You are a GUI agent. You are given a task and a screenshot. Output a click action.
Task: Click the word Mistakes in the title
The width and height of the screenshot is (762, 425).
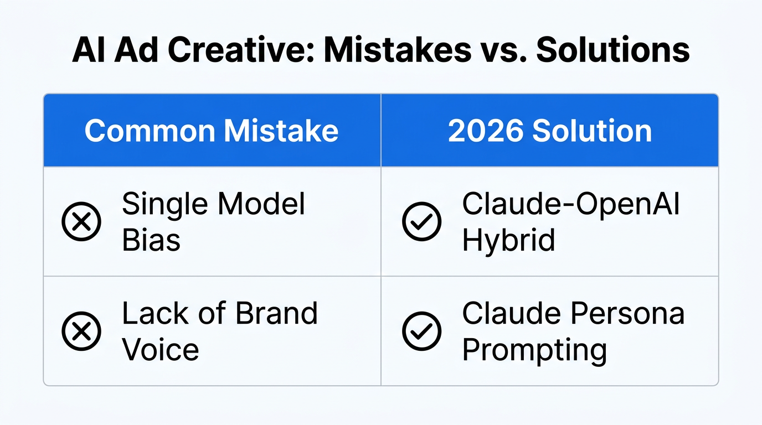395,50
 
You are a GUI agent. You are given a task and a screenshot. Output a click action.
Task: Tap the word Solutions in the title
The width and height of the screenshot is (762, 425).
613,50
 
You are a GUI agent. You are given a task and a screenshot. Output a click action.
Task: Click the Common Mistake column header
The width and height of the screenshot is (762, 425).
211,131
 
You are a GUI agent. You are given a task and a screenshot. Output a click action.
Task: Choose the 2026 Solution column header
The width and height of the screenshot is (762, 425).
549,131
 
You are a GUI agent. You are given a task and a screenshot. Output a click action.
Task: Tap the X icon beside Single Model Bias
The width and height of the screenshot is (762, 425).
81,221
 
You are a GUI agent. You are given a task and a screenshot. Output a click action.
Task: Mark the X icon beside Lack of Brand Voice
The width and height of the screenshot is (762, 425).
81,331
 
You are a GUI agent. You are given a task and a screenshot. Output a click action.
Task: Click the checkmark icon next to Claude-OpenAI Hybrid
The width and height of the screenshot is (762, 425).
421,221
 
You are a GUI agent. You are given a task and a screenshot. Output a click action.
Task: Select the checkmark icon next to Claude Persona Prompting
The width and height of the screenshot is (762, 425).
421,331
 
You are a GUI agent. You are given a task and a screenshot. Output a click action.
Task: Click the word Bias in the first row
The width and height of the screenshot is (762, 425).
151,240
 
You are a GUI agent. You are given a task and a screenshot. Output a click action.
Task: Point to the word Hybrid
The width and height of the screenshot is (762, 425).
508,240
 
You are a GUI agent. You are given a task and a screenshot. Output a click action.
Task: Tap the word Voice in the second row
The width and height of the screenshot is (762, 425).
160,350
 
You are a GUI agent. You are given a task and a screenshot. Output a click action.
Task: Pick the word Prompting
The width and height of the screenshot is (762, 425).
534,350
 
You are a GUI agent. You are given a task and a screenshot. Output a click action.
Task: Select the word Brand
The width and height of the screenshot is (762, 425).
276,313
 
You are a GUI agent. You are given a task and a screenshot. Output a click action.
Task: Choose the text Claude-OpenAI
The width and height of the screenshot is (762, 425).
571,204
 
